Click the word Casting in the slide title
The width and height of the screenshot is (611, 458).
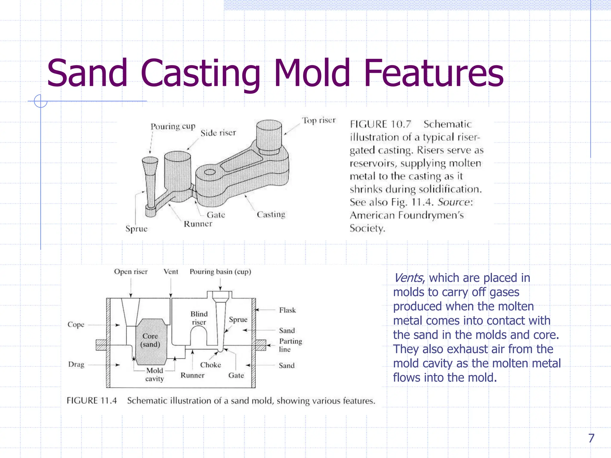200,74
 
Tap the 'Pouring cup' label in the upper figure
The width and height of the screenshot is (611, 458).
173,126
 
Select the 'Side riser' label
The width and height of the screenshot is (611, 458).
218,133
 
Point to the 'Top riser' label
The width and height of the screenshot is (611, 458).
319,120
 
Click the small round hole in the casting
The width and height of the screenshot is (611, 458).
210,172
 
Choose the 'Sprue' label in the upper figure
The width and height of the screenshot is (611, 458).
136,229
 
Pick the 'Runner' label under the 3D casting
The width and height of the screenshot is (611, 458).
198,224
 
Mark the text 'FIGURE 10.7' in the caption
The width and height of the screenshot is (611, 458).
380,124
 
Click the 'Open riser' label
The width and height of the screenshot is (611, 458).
131,272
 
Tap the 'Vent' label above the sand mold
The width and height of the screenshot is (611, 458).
171,272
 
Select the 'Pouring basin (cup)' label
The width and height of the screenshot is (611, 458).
220,272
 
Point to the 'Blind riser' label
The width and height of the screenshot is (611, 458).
199,318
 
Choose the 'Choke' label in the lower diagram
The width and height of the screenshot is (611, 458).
210,365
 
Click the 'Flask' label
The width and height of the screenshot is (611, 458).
287,310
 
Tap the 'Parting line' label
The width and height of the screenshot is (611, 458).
290,345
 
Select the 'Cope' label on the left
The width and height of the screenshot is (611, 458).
76,325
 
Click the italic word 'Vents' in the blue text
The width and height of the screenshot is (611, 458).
408,278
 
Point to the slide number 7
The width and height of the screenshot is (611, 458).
591,438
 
